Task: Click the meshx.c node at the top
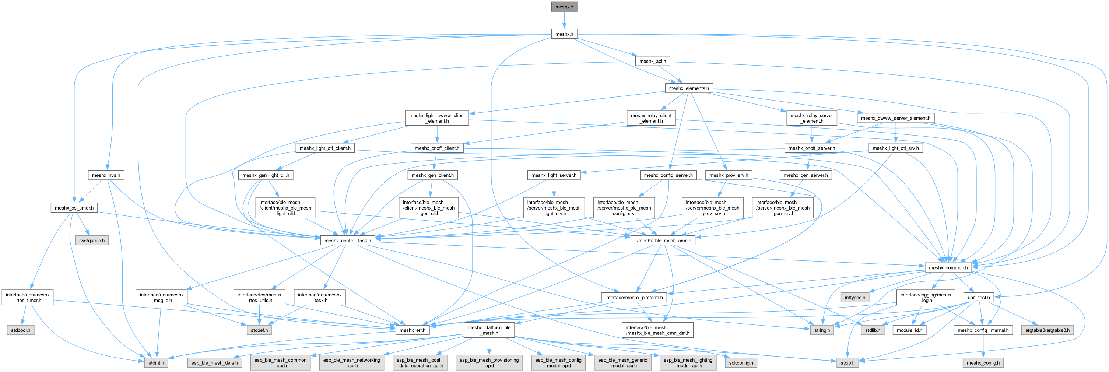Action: coord(564,7)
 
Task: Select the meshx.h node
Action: coord(564,34)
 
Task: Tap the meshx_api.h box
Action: coord(652,61)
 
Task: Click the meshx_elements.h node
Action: coord(688,88)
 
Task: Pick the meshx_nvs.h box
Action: coord(106,175)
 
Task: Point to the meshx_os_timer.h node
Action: coord(74,208)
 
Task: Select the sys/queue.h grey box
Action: coord(92,241)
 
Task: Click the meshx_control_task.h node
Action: coord(347,241)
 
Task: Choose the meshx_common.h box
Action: coord(948,267)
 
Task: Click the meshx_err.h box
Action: coord(412,330)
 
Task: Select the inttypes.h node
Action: coord(854,298)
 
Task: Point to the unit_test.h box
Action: coord(979,298)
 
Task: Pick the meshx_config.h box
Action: coord(983,363)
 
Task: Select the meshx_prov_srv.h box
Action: coord(729,175)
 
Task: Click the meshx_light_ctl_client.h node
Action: coord(324,148)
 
